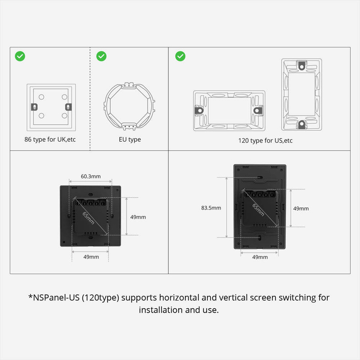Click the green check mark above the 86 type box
20,56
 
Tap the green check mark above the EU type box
102,56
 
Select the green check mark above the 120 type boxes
180,56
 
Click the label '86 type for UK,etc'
50,139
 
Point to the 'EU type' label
130,139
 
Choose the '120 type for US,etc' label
265,140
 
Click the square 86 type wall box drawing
50,107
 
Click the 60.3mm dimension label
90,177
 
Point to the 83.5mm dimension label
211,208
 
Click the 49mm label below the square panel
91,257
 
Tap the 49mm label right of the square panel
138,216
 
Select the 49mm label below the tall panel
260,257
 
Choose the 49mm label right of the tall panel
301,208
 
